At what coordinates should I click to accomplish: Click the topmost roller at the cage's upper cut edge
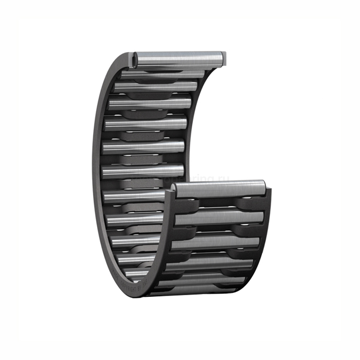177,58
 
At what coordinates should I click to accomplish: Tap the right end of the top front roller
262,187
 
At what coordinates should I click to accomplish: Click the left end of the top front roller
176,191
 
